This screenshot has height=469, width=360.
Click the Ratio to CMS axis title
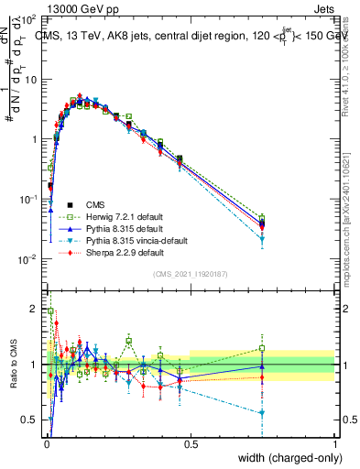16,365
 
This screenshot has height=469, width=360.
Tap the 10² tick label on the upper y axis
29,19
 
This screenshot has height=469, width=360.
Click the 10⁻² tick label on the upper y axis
29,259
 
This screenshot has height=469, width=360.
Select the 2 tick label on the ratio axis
35,307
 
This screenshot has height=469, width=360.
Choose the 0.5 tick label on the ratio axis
31,421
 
